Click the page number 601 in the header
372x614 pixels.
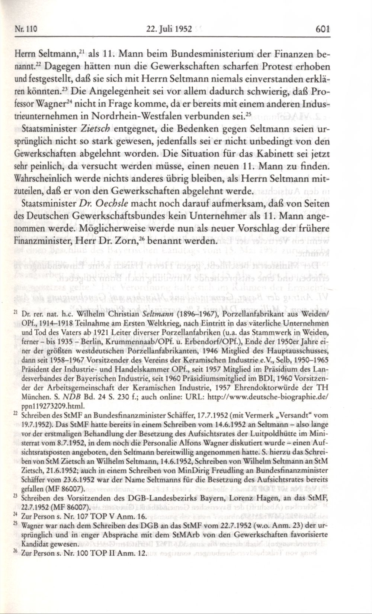[x=322, y=28]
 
